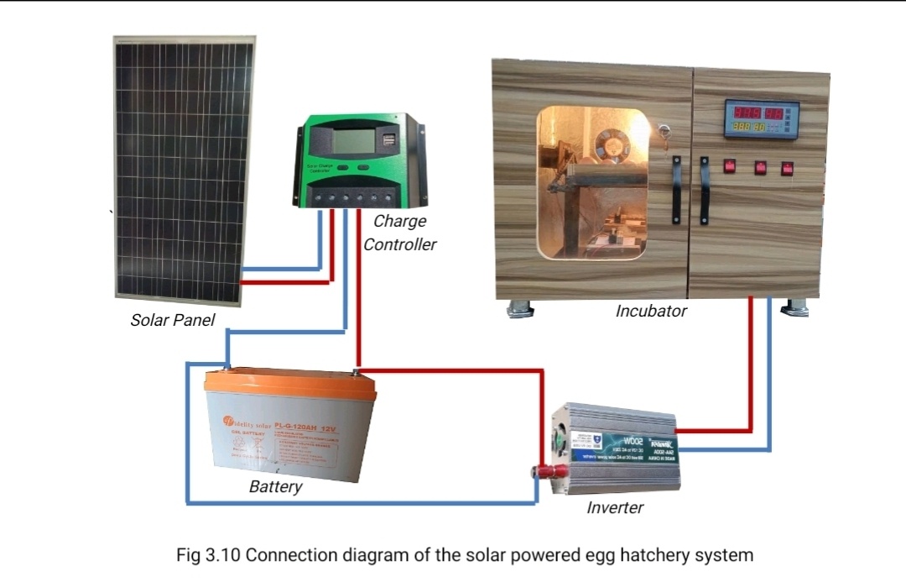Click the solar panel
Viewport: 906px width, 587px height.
184,168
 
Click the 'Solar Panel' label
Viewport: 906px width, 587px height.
173,320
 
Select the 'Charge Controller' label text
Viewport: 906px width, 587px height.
400,233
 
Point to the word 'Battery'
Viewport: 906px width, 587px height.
275,487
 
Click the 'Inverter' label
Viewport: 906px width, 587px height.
615,507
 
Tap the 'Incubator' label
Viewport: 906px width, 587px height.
651,311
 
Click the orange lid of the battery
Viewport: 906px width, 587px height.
289,382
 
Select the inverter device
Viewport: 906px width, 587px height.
616,450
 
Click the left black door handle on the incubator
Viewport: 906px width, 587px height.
675,189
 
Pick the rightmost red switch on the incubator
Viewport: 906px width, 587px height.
787,168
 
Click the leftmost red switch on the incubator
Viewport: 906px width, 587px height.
730,167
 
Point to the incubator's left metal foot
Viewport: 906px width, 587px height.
520,307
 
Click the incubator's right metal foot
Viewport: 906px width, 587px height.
794,307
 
